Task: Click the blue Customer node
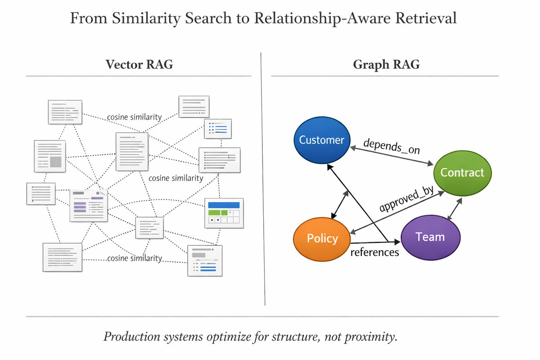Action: coord(322,140)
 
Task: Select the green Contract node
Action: coord(463,173)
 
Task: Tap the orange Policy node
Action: coord(322,239)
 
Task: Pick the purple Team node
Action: coord(431,237)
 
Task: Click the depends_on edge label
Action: coord(391,146)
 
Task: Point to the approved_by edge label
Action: coord(406,199)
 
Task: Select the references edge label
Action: coord(374,252)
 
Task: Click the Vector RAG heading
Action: coord(139,64)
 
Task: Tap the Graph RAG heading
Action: coord(386,65)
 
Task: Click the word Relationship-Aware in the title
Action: coord(322,18)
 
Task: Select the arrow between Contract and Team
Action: coord(454,209)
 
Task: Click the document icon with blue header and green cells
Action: coord(224,213)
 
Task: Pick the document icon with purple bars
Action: coord(89,206)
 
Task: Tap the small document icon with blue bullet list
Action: coord(218,129)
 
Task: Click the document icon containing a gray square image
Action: coord(50,156)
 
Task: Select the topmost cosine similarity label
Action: coord(134,117)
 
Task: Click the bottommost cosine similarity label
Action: coord(135,258)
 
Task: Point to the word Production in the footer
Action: coord(131,337)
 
